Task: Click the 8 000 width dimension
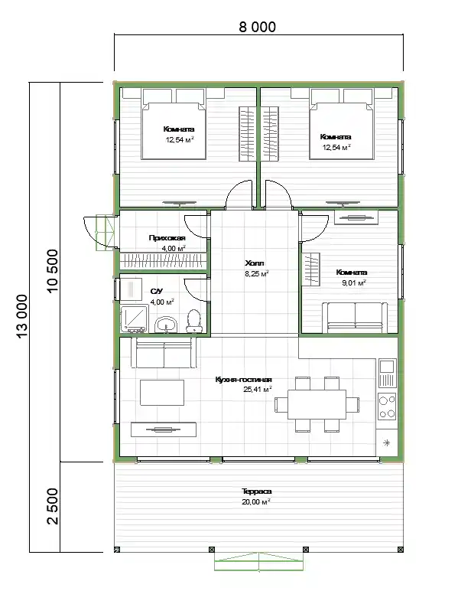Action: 258,27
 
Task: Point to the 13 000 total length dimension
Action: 22,317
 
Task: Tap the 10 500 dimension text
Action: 53,270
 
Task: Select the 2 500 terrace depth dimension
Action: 53,506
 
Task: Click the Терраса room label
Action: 256,491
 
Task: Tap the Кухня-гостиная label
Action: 243,380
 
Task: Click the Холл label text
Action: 255,263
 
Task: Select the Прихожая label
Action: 167,238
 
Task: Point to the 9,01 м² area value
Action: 354,282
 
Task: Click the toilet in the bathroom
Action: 194,321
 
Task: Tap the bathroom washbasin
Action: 166,325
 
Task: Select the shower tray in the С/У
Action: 134,319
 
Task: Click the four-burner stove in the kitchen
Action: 387,407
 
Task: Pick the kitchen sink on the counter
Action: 387,373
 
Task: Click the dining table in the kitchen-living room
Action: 317,404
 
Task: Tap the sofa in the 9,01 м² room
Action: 355,318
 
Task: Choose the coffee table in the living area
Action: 162,393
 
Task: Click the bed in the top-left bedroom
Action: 174,128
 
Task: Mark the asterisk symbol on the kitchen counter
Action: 387,443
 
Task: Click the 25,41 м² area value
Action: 258,390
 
